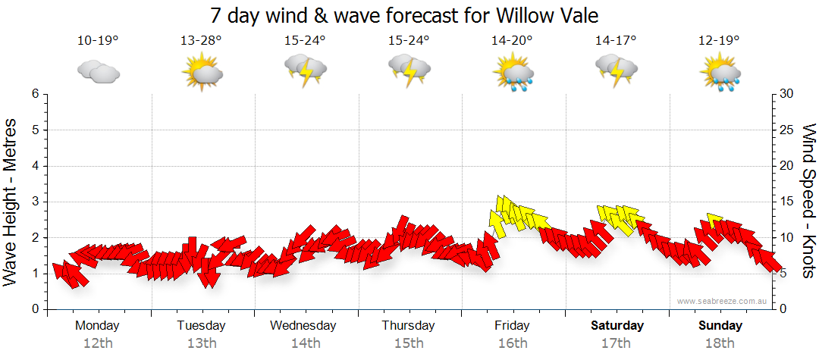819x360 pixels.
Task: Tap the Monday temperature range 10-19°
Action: pos(98,41)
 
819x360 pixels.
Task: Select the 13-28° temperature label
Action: pos(201,41)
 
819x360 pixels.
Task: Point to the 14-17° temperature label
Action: pos(615,41)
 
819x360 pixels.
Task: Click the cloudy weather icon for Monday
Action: pos(99,71)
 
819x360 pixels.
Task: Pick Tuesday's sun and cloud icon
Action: pos(201,73)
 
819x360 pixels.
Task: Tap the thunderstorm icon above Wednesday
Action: pos(305,71)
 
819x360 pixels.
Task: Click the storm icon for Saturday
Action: pos(616,71)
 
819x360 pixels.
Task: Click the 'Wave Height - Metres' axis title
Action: pos(11,202)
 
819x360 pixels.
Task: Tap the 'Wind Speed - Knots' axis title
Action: pos(808,202)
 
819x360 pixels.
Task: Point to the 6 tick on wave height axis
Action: pos(34,94)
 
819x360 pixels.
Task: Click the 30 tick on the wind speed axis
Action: pos(786,94)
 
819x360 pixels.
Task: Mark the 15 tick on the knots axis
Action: pos(786,202)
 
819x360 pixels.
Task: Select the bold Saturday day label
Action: pos(617,326)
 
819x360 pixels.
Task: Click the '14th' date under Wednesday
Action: pos(305,343)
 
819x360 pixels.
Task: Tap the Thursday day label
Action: pos(408,326)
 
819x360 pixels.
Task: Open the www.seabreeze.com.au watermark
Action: pos(723,302)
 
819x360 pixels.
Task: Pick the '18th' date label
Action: pos(720,343)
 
